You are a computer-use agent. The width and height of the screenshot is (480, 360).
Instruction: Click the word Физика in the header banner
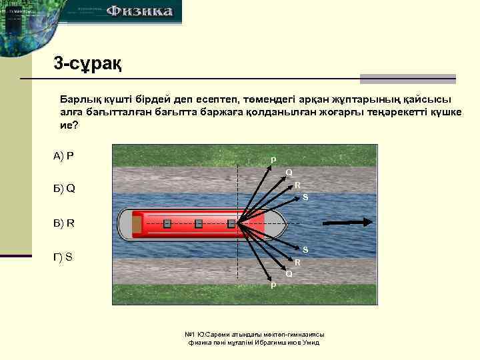139,11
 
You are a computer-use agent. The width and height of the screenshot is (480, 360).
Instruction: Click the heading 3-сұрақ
87,65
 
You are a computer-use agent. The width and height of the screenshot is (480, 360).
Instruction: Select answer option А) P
63,156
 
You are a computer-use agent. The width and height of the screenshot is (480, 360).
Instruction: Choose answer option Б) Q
64,188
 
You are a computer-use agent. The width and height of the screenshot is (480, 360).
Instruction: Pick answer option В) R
64,223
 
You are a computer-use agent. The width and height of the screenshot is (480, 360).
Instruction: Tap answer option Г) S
63,256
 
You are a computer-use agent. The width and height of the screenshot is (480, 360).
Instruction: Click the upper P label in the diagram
273,160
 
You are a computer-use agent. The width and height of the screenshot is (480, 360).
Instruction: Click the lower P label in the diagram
273,285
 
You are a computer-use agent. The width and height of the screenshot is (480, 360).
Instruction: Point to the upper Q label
289,173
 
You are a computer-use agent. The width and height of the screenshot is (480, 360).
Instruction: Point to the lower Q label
289,274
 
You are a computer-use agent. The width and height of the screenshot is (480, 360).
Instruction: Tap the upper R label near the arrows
298,185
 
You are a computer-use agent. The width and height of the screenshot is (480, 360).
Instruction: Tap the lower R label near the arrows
298,263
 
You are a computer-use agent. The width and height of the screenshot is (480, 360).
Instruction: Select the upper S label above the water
305,197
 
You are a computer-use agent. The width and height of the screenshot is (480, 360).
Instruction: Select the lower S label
305,250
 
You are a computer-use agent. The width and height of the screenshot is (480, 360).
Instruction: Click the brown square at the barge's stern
137,224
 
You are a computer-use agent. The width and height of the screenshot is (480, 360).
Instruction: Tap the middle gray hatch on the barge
199,223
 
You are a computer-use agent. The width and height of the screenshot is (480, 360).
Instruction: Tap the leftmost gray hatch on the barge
167,223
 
